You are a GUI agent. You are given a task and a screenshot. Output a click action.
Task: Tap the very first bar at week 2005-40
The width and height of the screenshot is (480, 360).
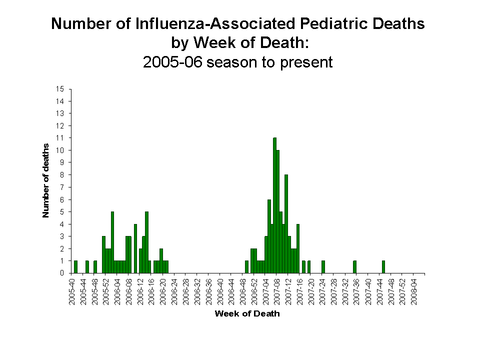(x=75, y=267)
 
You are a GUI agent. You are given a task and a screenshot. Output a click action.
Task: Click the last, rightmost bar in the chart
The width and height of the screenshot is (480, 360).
(x=383, y=267)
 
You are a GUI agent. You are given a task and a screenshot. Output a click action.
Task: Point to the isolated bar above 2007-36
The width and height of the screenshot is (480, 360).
(x=354, y=267)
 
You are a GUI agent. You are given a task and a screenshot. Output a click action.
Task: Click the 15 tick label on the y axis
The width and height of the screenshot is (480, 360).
(x=60, y=89)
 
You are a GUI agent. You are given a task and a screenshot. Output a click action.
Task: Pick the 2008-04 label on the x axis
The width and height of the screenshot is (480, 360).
(x=414, y=289)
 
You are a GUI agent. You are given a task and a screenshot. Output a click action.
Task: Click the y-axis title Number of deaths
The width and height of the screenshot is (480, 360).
(x=46, y=180)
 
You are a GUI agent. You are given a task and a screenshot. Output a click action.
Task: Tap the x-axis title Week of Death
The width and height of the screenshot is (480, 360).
(x=247, y=314)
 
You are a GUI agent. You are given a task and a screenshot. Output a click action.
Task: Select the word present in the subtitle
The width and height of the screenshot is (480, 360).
(x=306, y=62)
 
